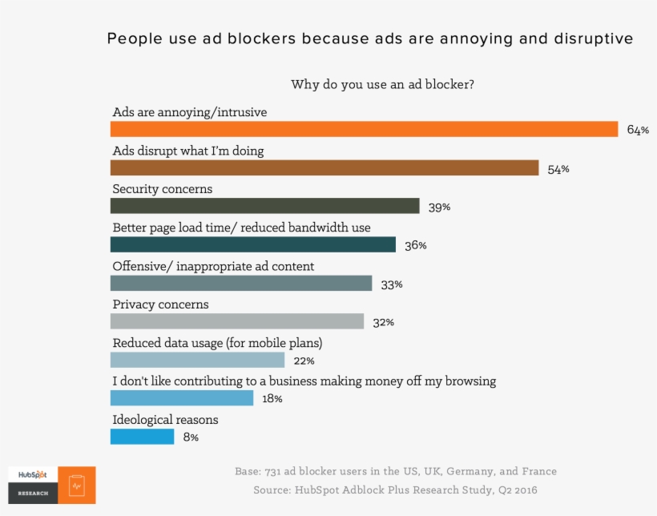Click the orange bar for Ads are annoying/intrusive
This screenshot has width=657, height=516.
[x=364, y=129]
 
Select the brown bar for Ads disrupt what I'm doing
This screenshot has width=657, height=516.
[x=324, y=167]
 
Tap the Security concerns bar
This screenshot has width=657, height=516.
[x=264, y=206]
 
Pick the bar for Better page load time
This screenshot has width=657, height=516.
[x=252, y=244]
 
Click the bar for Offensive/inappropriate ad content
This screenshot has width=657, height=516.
[x=240, y=283]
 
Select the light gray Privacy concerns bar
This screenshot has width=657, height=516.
[x=236, y=321]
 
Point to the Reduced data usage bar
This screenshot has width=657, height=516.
[x=197, y=360]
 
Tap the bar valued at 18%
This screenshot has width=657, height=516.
[x=181, y=398]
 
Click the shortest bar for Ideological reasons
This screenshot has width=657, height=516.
[x=142, y=437]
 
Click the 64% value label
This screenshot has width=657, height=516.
[x=638, y=130]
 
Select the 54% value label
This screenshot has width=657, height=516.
[x=558, y=169]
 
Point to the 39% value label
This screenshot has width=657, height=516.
[x=439, y=208]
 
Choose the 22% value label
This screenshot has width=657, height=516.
[x=304, y=361]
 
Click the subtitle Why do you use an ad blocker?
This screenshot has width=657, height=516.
[x=381, y=84]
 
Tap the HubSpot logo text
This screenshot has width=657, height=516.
[x=32, y=474]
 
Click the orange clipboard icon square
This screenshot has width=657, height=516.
[x=77, y=486]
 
